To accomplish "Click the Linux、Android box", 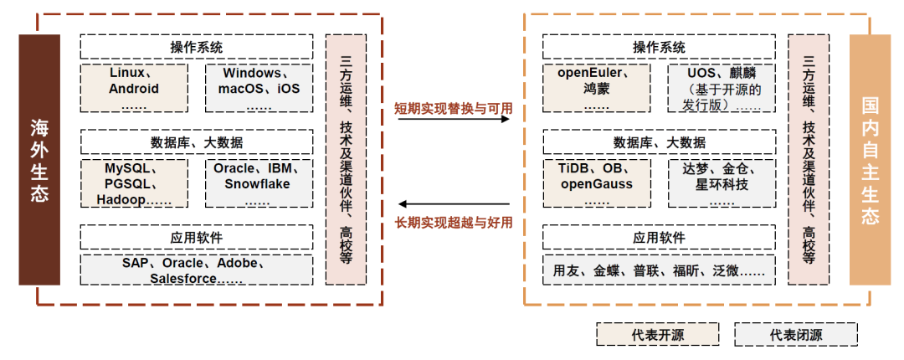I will coord(134,88).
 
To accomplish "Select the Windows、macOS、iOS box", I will coord(259,88).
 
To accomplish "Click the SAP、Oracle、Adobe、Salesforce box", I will coord(197,270).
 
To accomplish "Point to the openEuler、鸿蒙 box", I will coord(596,88).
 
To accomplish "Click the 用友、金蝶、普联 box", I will coord(659,270).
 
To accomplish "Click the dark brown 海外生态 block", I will coord(39,160).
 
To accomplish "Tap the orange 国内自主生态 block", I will coord(870,160).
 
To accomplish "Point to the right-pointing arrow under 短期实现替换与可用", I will coord(454,119).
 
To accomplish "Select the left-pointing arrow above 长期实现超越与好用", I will coord(454,203).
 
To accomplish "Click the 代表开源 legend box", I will coord(657,335).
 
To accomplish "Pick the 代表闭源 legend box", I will coord(796,335).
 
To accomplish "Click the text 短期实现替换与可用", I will coord(454,109).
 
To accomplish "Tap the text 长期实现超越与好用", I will coord(454,222).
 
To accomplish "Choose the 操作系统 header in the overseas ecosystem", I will coord(197,47).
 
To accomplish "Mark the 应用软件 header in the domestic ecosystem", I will coord(659,238).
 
